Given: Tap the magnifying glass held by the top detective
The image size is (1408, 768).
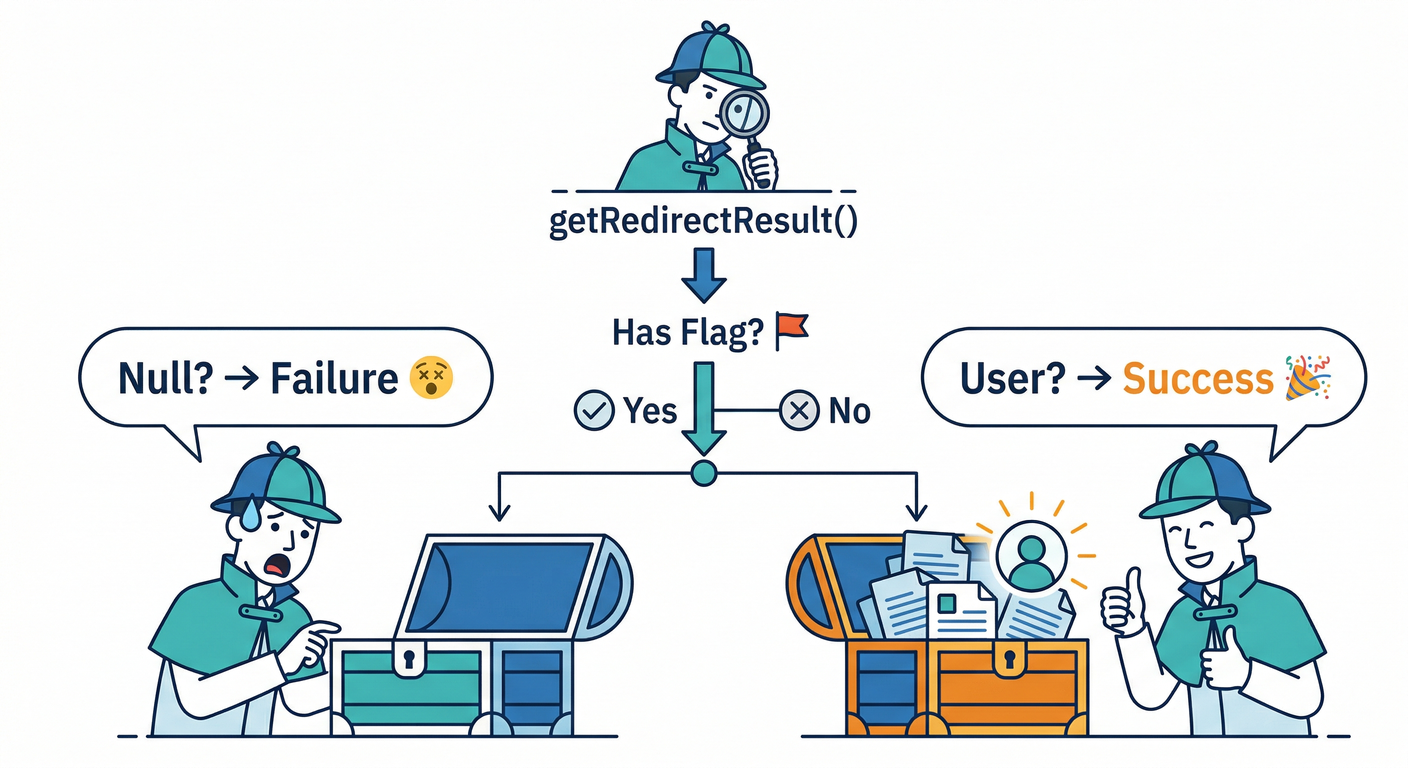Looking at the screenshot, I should coord(741,111).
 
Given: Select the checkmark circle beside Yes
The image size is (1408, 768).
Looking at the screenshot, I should coord(593,410).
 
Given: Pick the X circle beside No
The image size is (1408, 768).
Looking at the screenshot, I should coord(798,410).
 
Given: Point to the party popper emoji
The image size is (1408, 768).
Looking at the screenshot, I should coord(1310,378).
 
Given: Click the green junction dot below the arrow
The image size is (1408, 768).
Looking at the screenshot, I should coord(704,472).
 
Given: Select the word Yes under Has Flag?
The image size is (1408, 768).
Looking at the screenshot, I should coord(650,410).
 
